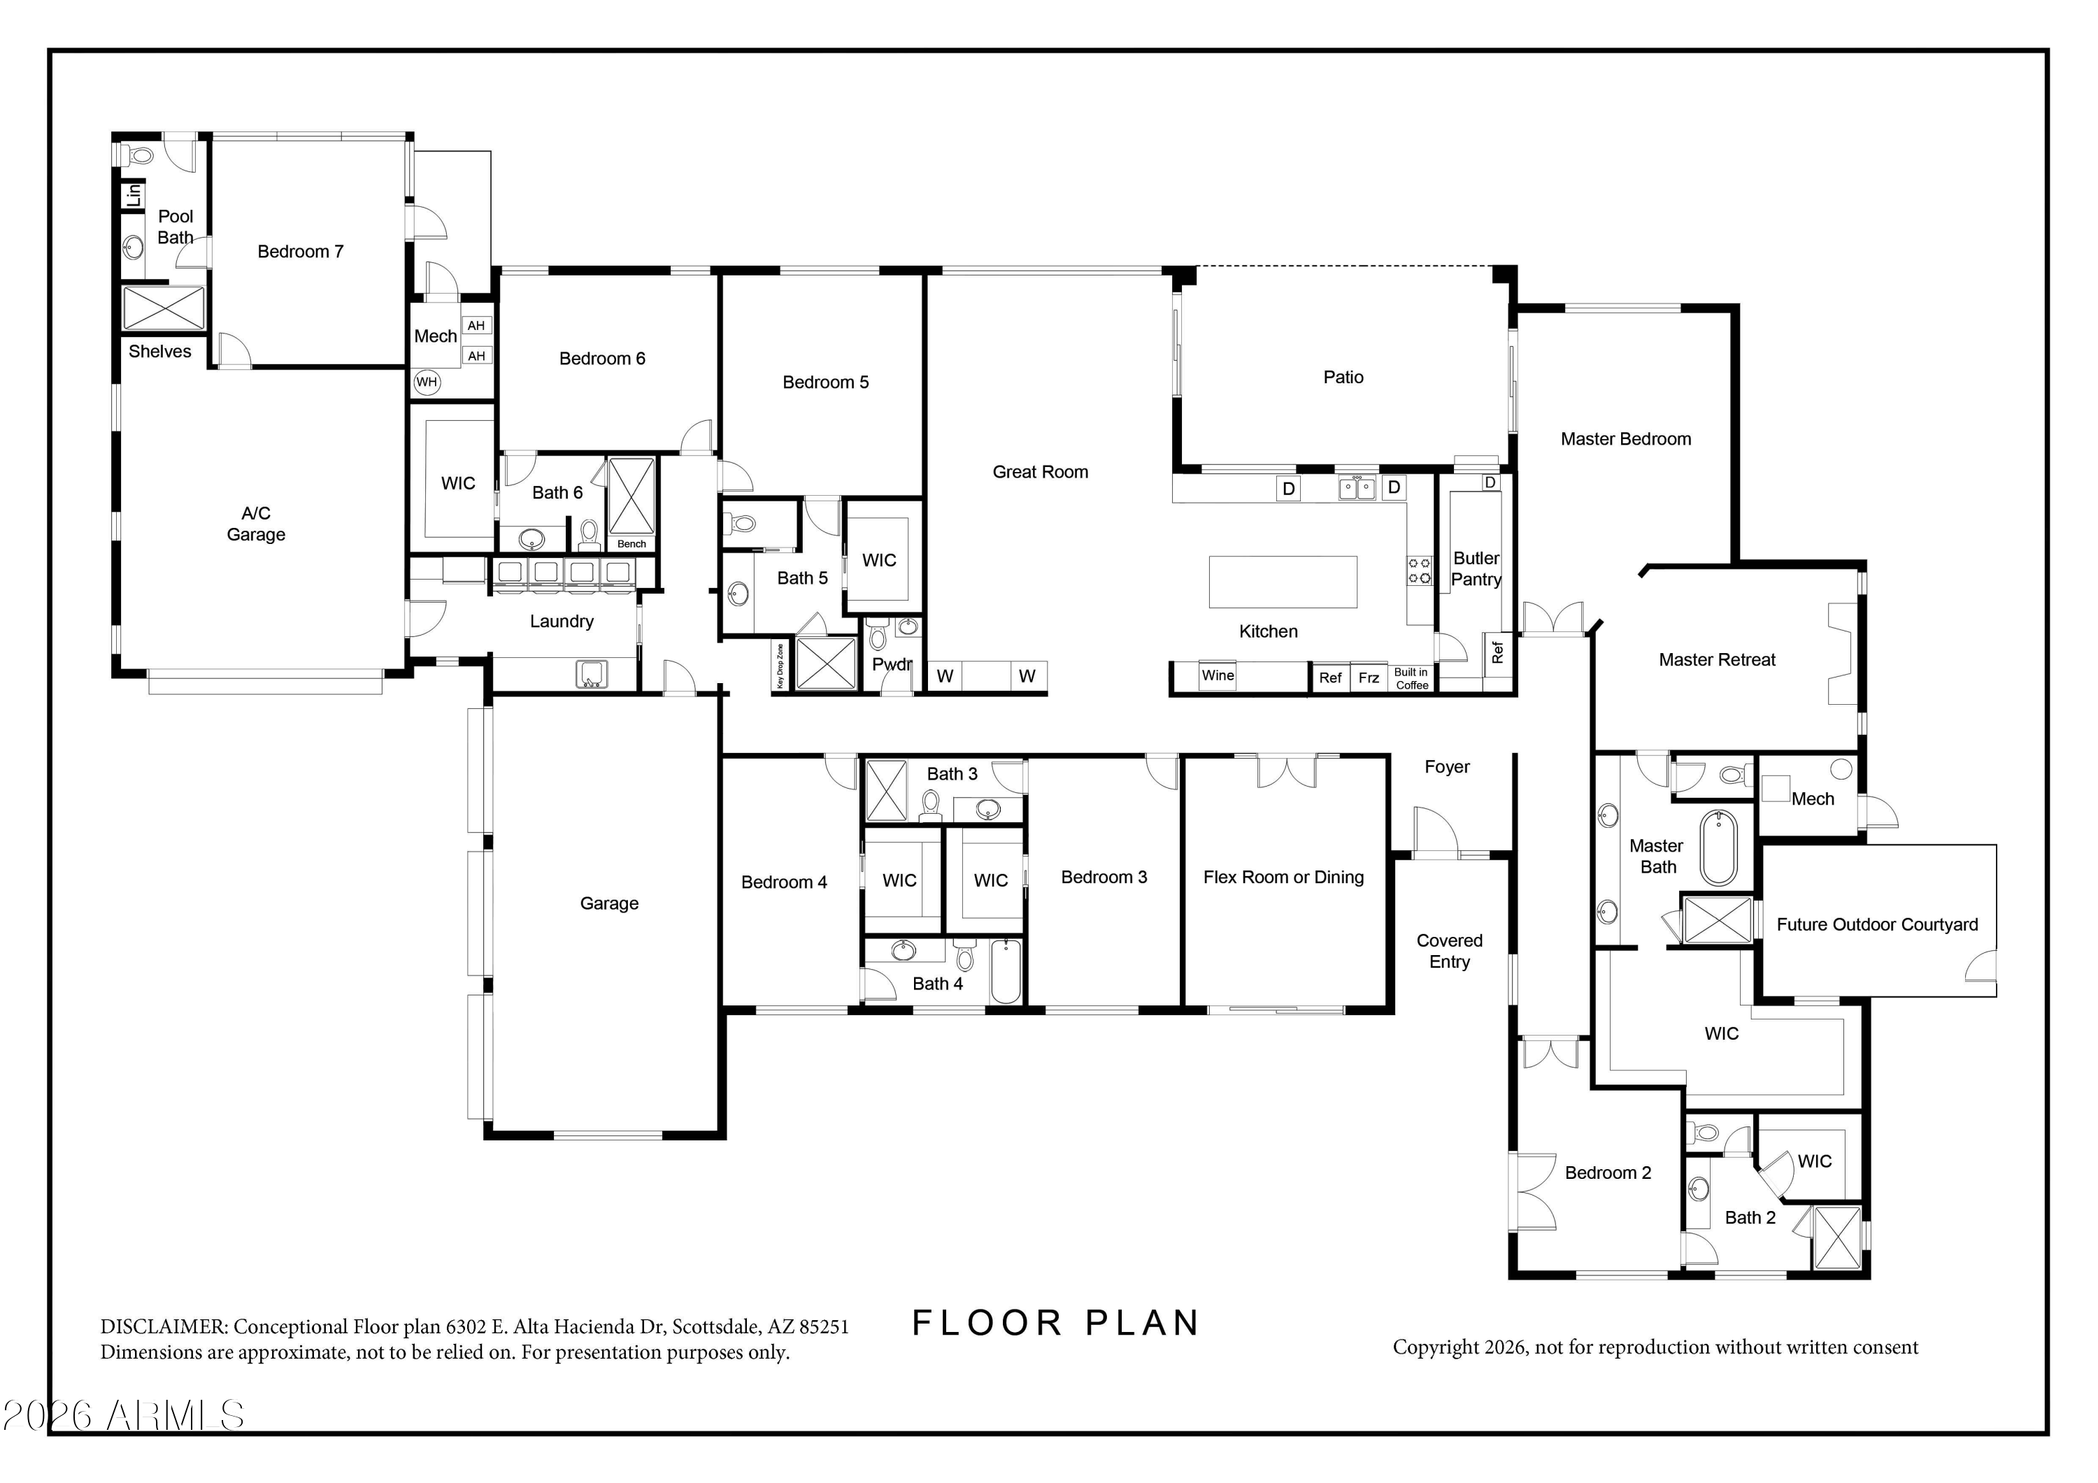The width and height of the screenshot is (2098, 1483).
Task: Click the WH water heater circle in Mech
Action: (427, 382)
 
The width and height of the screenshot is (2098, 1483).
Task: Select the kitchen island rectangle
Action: (1283, 582)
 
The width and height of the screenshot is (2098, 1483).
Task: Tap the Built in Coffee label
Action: (1412, 679)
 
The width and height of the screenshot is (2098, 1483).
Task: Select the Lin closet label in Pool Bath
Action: (134, 194)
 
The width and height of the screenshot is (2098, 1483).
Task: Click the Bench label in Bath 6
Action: (631, 544)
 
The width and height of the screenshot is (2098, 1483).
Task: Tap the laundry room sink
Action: (591, 674)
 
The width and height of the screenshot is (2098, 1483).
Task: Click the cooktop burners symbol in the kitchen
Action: (1419, 571)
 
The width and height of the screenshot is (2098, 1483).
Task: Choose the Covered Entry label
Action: (1449, 951)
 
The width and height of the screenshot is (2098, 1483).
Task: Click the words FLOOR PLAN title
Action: (1055, 1323)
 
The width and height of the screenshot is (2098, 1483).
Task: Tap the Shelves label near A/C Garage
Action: (160, 352)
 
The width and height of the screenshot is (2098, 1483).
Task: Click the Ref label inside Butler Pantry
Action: (1497, 652)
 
